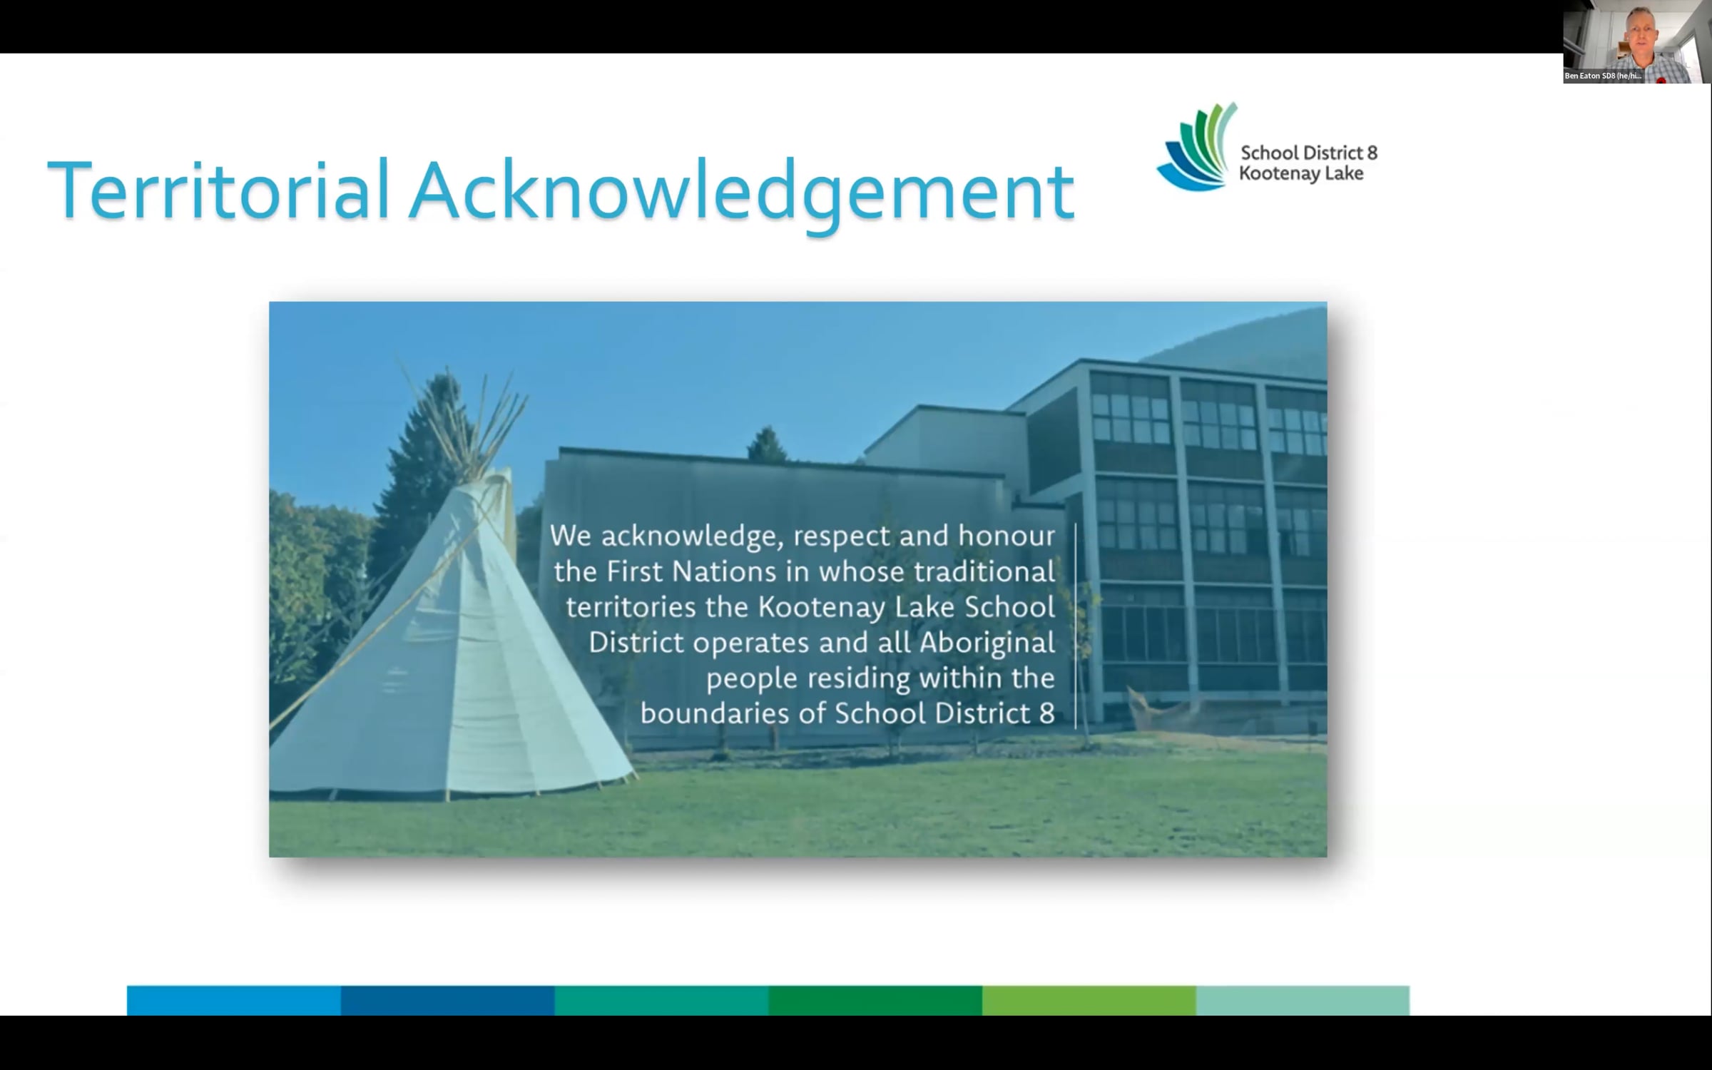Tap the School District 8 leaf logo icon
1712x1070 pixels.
(x=1197, y=147)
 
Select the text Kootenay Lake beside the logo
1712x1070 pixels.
(x=1301, y=173)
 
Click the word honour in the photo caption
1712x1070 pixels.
(x=1007, y=536)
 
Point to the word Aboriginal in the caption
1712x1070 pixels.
(x=987, y=643)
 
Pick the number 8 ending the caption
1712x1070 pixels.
(x=1047, y=713)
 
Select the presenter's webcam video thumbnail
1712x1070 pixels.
(x=1636, y=42)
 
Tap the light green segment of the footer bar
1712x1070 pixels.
(x=1089, y=1000)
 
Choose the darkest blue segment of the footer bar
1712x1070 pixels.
(x=447, y=1000)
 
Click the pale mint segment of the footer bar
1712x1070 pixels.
(x=1303, y=1000)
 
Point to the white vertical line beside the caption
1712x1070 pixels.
(x=1075, y=626)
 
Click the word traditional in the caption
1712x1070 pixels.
(x=984, y=571)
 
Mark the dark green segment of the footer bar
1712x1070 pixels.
(x=875, y=1000)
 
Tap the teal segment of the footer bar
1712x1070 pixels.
(x=661, y=1000)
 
